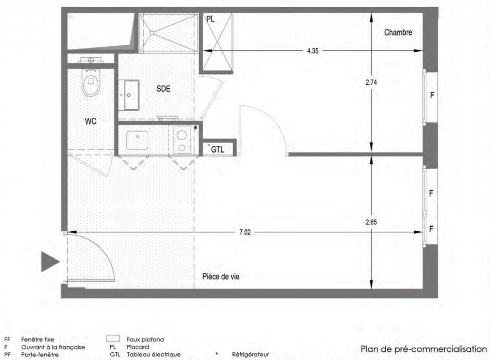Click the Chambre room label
click(398, 32)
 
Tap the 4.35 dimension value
click(313, 51)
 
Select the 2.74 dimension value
click(371, 82)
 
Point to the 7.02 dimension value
click(245, 232)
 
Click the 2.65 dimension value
click(371, 222)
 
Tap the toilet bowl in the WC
click(91, 82)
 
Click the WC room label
click(91, 121)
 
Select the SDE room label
click(163, 89)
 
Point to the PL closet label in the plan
click(211, 19)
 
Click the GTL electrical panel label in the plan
click(218, 149)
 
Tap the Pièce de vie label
click(221, 277)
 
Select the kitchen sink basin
click(137, 140)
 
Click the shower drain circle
click(152, 33)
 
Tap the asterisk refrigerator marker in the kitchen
click(195, 128)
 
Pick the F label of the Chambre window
click(432, 95)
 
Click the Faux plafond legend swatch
click(113, 339)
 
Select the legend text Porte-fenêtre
click(40, 355)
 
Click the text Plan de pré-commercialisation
click(423, 349)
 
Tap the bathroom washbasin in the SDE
click(129, 95)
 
